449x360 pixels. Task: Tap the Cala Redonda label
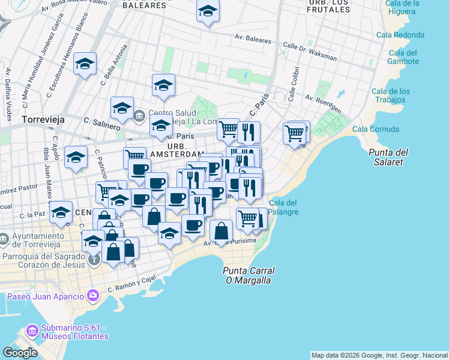click(400, 35)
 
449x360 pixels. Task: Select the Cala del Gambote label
click(403, 57)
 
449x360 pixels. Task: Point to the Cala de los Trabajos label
click(391, 95)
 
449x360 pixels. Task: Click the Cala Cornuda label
click(376, 129)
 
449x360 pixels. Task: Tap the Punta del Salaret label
click(385, 157)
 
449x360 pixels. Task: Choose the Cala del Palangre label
click(285, 207)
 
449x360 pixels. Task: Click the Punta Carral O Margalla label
click(247, 275)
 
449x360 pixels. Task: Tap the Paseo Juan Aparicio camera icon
click(92, 295)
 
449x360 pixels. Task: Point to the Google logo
click(20, 352)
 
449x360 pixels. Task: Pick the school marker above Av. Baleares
click(208, 11)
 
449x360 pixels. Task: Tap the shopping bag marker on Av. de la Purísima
click(221, 230)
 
